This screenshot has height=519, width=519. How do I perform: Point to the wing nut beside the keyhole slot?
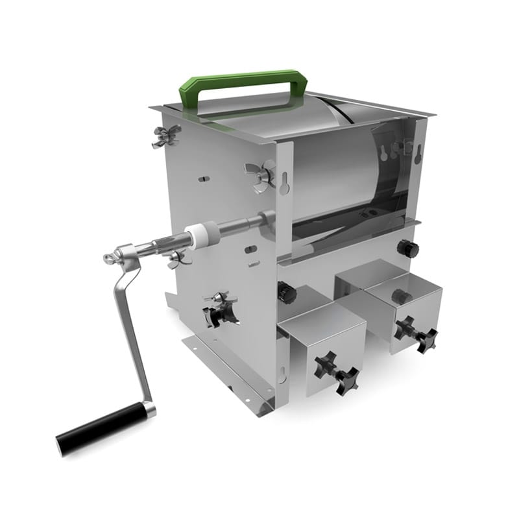pos(258,172)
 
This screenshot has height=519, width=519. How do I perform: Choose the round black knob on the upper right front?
pos(408,248)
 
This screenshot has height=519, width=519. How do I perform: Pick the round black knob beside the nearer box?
pos(286,292)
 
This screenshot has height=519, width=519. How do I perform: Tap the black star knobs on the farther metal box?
pos(416,332)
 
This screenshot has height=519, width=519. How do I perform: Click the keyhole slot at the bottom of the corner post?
pos(282,373)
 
